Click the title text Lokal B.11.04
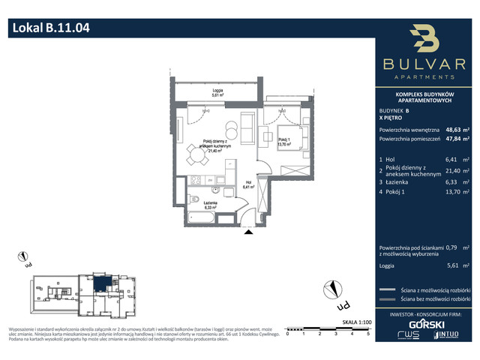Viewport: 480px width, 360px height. pyautogui.click(x=51, y=29)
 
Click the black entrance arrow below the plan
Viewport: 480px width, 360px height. pyautogui.click(x=247, y=233)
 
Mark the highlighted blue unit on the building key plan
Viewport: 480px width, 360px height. pyautogui.click(x=100, y=283)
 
